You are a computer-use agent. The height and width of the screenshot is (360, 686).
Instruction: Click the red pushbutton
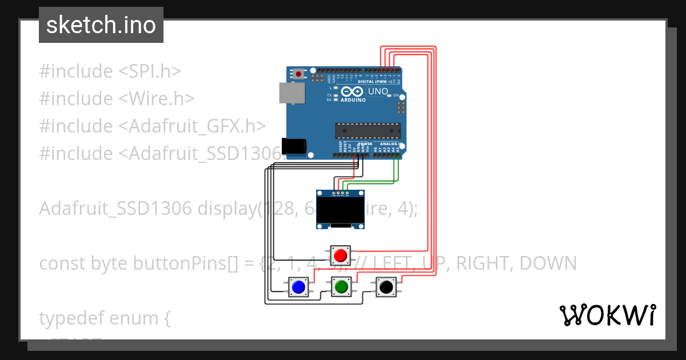click(x=341, y=254)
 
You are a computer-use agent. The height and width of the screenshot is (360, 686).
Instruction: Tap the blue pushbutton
click(x=298, y=286)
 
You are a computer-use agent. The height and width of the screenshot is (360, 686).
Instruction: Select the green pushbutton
click(x=342, y=286)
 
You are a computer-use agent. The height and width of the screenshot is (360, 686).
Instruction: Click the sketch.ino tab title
click(x=101, y=25)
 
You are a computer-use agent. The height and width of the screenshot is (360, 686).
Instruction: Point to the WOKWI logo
click(x=607, y=315)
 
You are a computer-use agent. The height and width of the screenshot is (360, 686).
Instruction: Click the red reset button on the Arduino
click(x=298, y=74)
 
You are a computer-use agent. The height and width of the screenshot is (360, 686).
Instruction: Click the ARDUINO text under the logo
click(x=353, y=100)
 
